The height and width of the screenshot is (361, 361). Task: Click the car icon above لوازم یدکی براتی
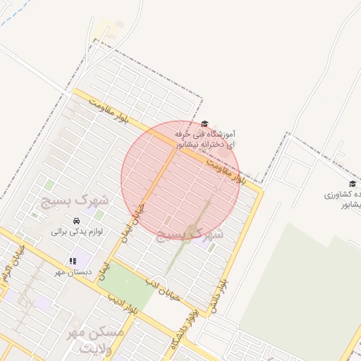pos(77,219)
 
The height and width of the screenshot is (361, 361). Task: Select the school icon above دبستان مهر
pos(73,260)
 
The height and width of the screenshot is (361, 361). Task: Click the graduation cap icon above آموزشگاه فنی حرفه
pos(205,123)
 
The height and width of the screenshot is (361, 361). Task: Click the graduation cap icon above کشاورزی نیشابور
pos(352,184)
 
